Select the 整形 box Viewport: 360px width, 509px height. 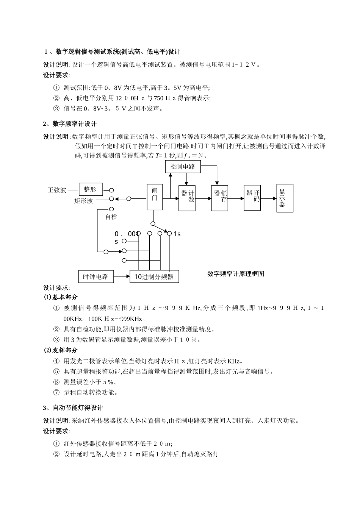(x=91, y=189)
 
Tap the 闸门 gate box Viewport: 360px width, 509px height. (x=155, y=197)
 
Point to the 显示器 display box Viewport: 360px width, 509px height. (x=285, y=198)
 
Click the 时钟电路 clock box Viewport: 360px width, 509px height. (x=95, y=276)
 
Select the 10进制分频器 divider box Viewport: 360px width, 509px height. (x=154, y=276)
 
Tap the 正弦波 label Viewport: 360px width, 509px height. (x=57, y=190)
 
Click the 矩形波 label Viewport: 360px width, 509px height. (x=84, y=201)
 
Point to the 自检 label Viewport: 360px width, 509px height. (x=111, y=217)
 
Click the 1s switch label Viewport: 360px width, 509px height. (x=177, y=234)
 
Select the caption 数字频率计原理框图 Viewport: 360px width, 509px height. (x=235, y=273)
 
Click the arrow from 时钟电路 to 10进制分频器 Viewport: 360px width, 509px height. (x=122, y=276)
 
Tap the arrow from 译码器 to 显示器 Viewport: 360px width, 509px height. (x=269, y=198)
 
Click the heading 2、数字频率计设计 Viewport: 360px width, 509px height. (x=70, y=124)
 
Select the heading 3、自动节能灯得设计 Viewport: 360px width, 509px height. (x=73, y=408)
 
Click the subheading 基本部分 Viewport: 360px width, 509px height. (x=65, y=297)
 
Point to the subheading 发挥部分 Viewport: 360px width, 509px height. (x=65, y=350)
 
